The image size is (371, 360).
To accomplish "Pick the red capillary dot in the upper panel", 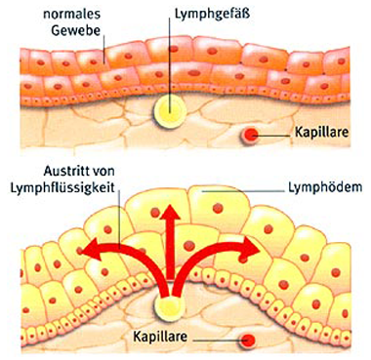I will (252, 135).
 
